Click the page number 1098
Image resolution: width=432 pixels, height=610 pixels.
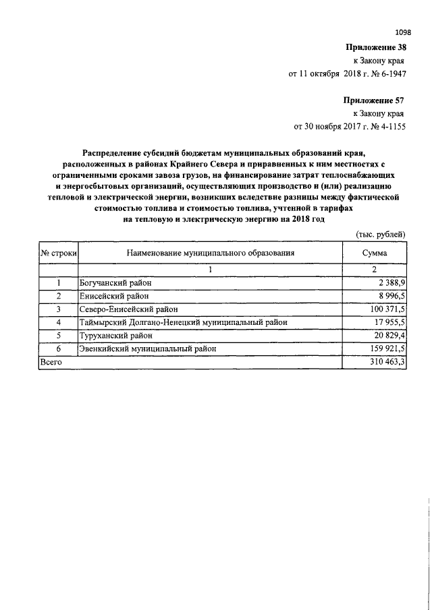[x=402, y=32]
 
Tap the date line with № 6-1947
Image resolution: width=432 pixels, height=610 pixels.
[x=346, y=73]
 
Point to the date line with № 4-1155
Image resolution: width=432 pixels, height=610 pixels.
[x=348, y=125]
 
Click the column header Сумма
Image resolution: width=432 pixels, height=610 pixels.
[x=374, y=253]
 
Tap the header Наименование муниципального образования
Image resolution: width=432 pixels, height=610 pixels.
[x=210, y=253]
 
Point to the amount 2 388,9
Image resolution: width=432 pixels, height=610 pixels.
[x=388, y=283]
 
